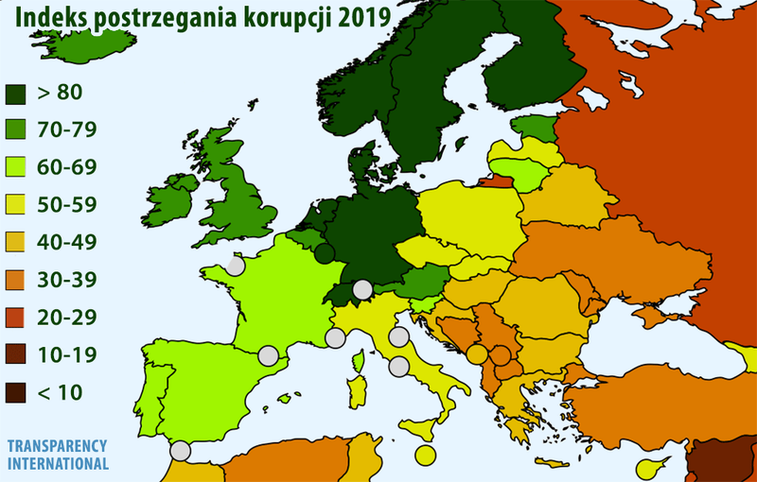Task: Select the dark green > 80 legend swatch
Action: tap(17, 94)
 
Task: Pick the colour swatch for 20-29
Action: tap(17, 317)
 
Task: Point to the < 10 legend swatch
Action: tap(17, 391)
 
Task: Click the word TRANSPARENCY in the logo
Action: tap(57, 446)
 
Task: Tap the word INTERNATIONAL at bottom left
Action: tap(57, 464)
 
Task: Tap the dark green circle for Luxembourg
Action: tap(324, 253)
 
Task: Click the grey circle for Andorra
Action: tap(269, 356)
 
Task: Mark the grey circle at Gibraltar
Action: tap(180, 451)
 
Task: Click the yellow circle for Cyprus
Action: tap(648, 467)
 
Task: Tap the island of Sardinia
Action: tap(359, 387)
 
